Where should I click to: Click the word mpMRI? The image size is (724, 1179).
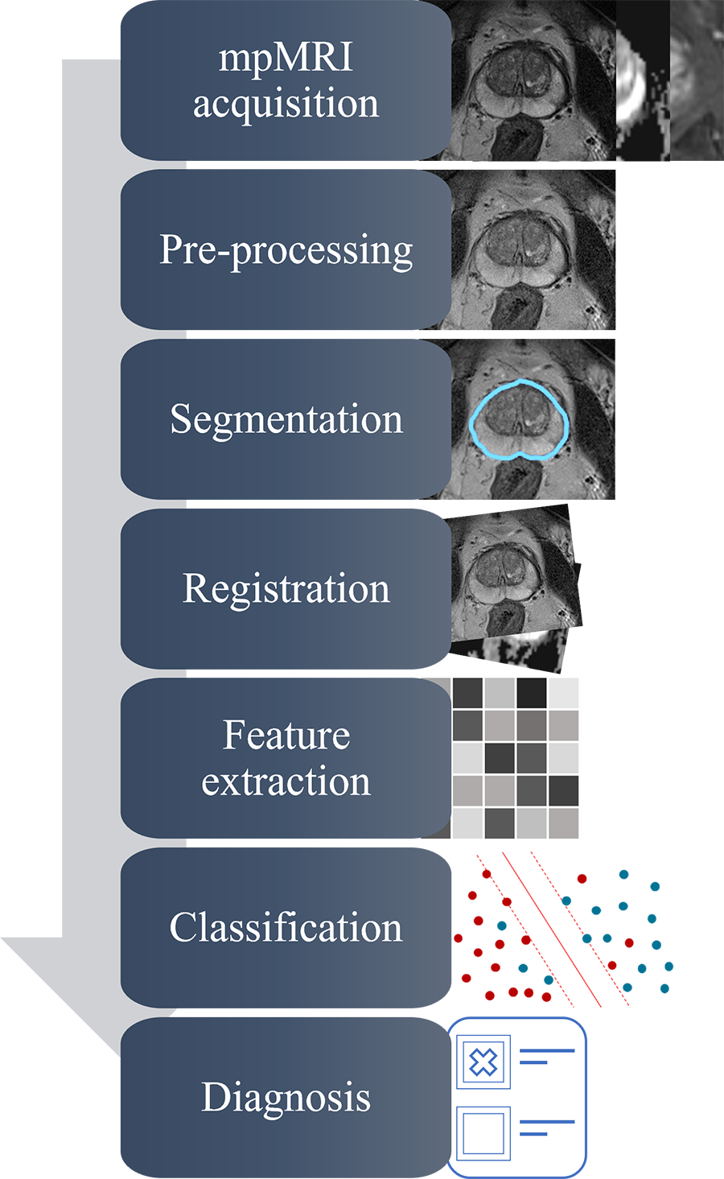coord(286,59)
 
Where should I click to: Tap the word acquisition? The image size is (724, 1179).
coord(286,104)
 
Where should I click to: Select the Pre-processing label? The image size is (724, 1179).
coord(286,250)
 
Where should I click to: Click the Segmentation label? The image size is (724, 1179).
coord(286,419)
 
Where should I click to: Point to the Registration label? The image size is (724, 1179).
coord(286,588)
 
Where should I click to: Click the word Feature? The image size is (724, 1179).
coord(286,736)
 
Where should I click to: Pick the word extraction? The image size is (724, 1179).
coord(286,781)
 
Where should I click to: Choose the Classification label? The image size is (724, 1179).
coord(286,927)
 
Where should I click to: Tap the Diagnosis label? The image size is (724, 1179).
coord(286,1097)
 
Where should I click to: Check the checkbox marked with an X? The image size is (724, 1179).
coord(483,1062)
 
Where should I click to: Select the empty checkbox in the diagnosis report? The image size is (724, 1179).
coord(483,1133)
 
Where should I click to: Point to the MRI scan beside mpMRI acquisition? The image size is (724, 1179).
coord(531,80)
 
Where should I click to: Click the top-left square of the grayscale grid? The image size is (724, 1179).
coord(467,693)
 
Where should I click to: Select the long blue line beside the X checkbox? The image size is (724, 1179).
coord(547,1050)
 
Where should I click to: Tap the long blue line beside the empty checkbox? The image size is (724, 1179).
coord(547,1121)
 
